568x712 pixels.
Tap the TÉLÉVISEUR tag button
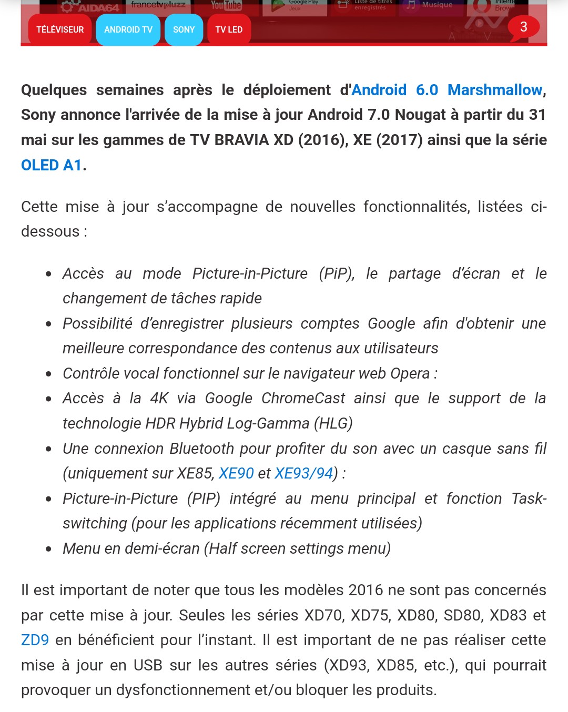click(x=60, y=30)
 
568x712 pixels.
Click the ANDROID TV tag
click(x=128, y=30)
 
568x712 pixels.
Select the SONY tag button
click(x=184, y=30)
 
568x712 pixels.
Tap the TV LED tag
click(x=229, y=30)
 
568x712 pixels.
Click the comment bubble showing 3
click(x=523, y=27)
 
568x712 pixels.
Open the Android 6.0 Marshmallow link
click(x=447, y=90)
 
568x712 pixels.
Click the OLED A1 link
click(x=52, y=165)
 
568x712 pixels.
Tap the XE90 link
click(x=236, y=473)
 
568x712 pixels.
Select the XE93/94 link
click(x=304, y=473)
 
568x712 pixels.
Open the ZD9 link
click(x=35, y=640)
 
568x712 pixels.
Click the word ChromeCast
click(x=303, y=398)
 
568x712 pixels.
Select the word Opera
click(x=410, y=373)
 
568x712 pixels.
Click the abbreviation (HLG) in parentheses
click(x=333, y=423)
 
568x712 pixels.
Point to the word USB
click(x=148, y=665)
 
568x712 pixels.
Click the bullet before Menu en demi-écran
click(x=48, y=549)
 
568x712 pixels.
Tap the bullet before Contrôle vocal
click(x=48, y=374)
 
